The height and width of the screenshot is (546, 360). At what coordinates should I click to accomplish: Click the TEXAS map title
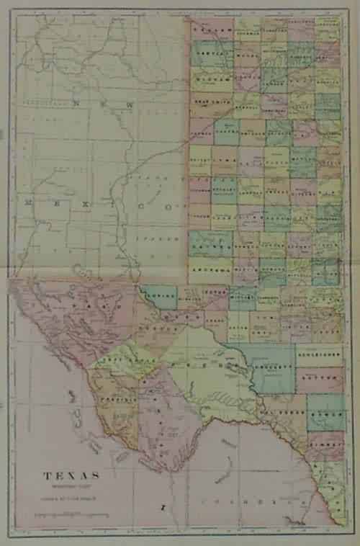(72, 476)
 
